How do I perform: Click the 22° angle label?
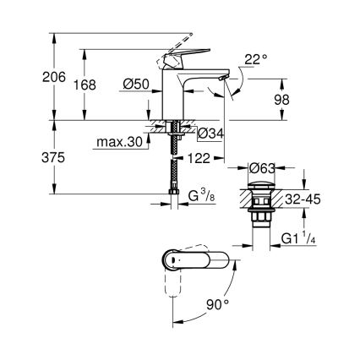(x=255, y=60)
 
